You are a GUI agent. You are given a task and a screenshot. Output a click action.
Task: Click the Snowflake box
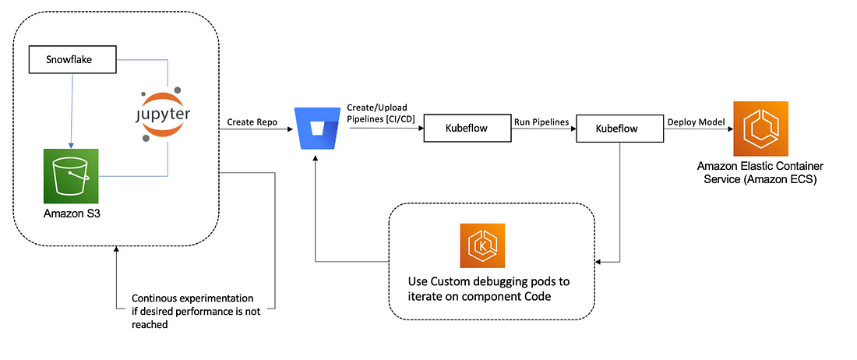72,60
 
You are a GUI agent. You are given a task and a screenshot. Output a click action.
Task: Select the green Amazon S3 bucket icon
71,176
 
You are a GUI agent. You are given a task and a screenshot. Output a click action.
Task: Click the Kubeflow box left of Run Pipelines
468,129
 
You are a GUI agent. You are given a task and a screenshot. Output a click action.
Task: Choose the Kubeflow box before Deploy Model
620,129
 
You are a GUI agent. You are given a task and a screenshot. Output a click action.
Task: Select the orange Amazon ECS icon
761,129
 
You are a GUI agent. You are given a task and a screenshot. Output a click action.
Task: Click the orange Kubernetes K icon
482,245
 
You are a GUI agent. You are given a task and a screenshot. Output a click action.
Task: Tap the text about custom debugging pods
488,289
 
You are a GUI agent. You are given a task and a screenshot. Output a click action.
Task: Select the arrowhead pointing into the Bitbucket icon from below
315,157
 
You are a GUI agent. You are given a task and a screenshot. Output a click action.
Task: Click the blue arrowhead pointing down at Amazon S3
72,144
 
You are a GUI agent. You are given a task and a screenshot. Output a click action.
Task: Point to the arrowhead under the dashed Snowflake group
116,249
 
